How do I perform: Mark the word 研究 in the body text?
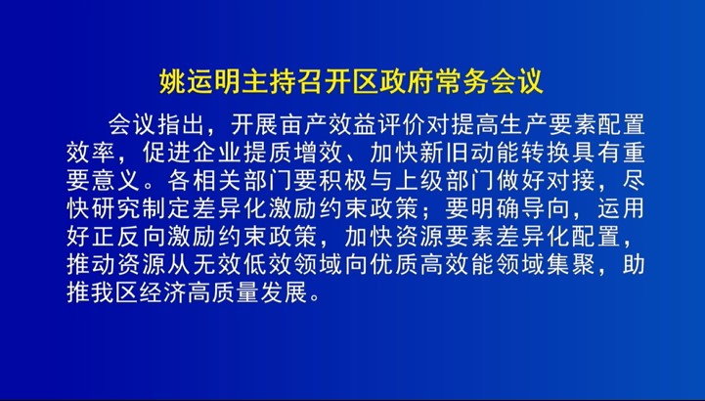point(116,209)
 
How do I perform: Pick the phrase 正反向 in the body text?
point(129,237)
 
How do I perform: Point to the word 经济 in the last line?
point(163,292)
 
